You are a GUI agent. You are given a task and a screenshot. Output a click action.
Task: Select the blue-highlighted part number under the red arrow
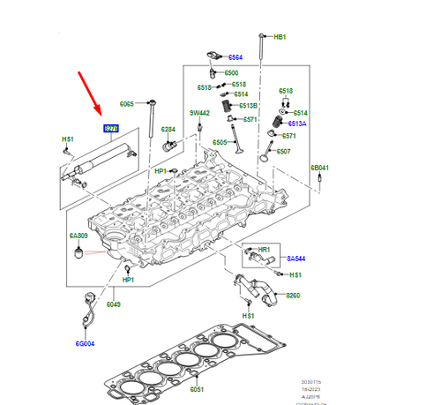[110, 128]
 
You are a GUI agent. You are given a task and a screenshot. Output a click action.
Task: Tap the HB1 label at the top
[280, 37]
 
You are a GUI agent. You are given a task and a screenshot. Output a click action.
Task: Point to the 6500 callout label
[231, 73]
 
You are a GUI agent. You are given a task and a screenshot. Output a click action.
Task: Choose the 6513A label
[296, 124]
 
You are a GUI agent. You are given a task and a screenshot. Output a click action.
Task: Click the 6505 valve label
[220, 142]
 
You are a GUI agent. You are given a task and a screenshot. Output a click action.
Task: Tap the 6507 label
[283, 151]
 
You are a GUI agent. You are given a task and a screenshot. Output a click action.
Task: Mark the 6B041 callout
[318, 168]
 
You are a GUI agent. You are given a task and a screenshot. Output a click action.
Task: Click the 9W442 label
[199, 113]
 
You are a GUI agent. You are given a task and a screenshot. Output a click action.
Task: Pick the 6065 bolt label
[127, 104]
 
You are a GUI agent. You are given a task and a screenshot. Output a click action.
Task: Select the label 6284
[168, 130]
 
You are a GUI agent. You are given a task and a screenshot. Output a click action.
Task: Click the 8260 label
[294, 296]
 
